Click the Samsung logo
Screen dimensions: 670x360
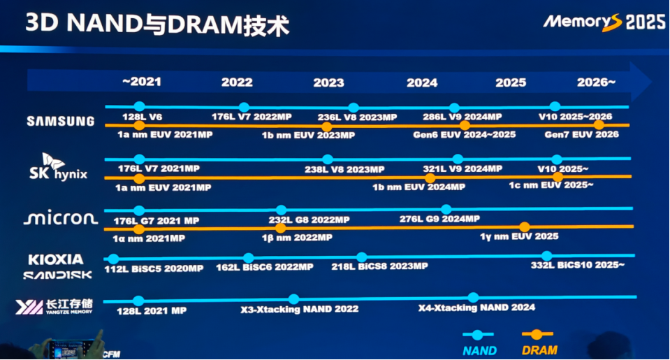[x=61, y=121]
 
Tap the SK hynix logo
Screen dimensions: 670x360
[x=58, y=167]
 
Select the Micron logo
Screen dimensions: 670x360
[x=61, y=219]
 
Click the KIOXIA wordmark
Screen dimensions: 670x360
[x=56, y=259]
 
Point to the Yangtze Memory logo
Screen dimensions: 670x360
[x=54, y=307]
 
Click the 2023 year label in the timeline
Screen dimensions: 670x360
[x=328, y=82]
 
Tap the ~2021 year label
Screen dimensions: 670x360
[x=142, y=82]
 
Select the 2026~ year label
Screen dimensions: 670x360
[x=596, y=82]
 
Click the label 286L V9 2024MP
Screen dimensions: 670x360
[x=463, y=117]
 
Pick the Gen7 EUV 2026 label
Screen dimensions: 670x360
[x=581, y=134]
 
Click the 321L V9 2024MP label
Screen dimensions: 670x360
[x=463, y=168]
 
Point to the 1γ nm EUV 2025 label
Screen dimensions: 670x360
[x=519, y=236]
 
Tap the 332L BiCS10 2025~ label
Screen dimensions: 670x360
[x=578, y=265]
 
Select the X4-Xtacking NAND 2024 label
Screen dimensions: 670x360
[x=477, y=308]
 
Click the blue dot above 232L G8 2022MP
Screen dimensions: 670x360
[x=281, y=210]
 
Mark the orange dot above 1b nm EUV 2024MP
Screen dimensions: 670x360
[x=430, y=178]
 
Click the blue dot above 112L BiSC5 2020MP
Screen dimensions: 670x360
[x=113, y=259]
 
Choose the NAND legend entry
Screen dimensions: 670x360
[x=479, y=343]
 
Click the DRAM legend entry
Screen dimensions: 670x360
[x=539, y=343]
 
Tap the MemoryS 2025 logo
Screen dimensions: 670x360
[x=604, y=22]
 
